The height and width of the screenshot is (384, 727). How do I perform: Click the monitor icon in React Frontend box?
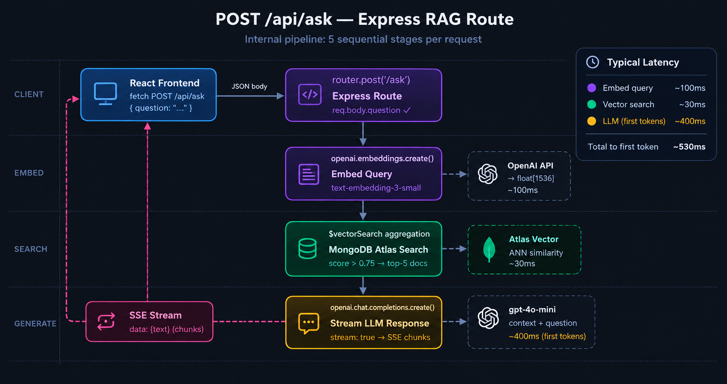[x=105, y=94]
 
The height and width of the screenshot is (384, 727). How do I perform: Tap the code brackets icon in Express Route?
[x=310, y=94]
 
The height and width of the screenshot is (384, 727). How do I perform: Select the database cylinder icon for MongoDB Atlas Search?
[x=307, y=249]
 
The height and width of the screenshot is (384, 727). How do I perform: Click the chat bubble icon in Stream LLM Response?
[x=309, y=323]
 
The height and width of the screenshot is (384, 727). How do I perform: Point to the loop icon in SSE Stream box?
[x=106, y=321]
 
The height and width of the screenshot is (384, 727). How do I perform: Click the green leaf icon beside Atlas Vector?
[x=489, y=250]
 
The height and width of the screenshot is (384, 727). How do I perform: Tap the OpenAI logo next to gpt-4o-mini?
[x=488, y=318]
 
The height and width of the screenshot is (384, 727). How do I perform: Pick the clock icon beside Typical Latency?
[x=593, y=62]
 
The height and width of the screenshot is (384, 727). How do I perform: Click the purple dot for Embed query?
[x=591, y=88]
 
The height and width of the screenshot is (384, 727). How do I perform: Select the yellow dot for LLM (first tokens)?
[x=591, y=121]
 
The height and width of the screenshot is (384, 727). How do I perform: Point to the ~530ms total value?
[x=689, y=147]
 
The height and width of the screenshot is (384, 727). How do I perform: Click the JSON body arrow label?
[x=249, y=86]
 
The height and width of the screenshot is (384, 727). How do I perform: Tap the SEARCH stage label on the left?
[x=31, y=249]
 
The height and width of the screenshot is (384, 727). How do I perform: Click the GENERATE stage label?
[x=35, y=324]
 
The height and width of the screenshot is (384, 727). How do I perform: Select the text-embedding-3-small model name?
[x=376, y=188]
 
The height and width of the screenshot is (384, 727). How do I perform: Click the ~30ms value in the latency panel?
[x=692, y=105]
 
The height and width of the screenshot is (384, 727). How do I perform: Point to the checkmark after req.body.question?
[x=407, y=110]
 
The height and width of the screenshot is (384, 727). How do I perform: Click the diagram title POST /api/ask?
[x=274, y=19]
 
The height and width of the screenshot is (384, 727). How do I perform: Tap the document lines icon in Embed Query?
[x=309, y=174]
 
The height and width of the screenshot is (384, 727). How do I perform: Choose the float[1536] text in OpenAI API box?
[x=535, y=178]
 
